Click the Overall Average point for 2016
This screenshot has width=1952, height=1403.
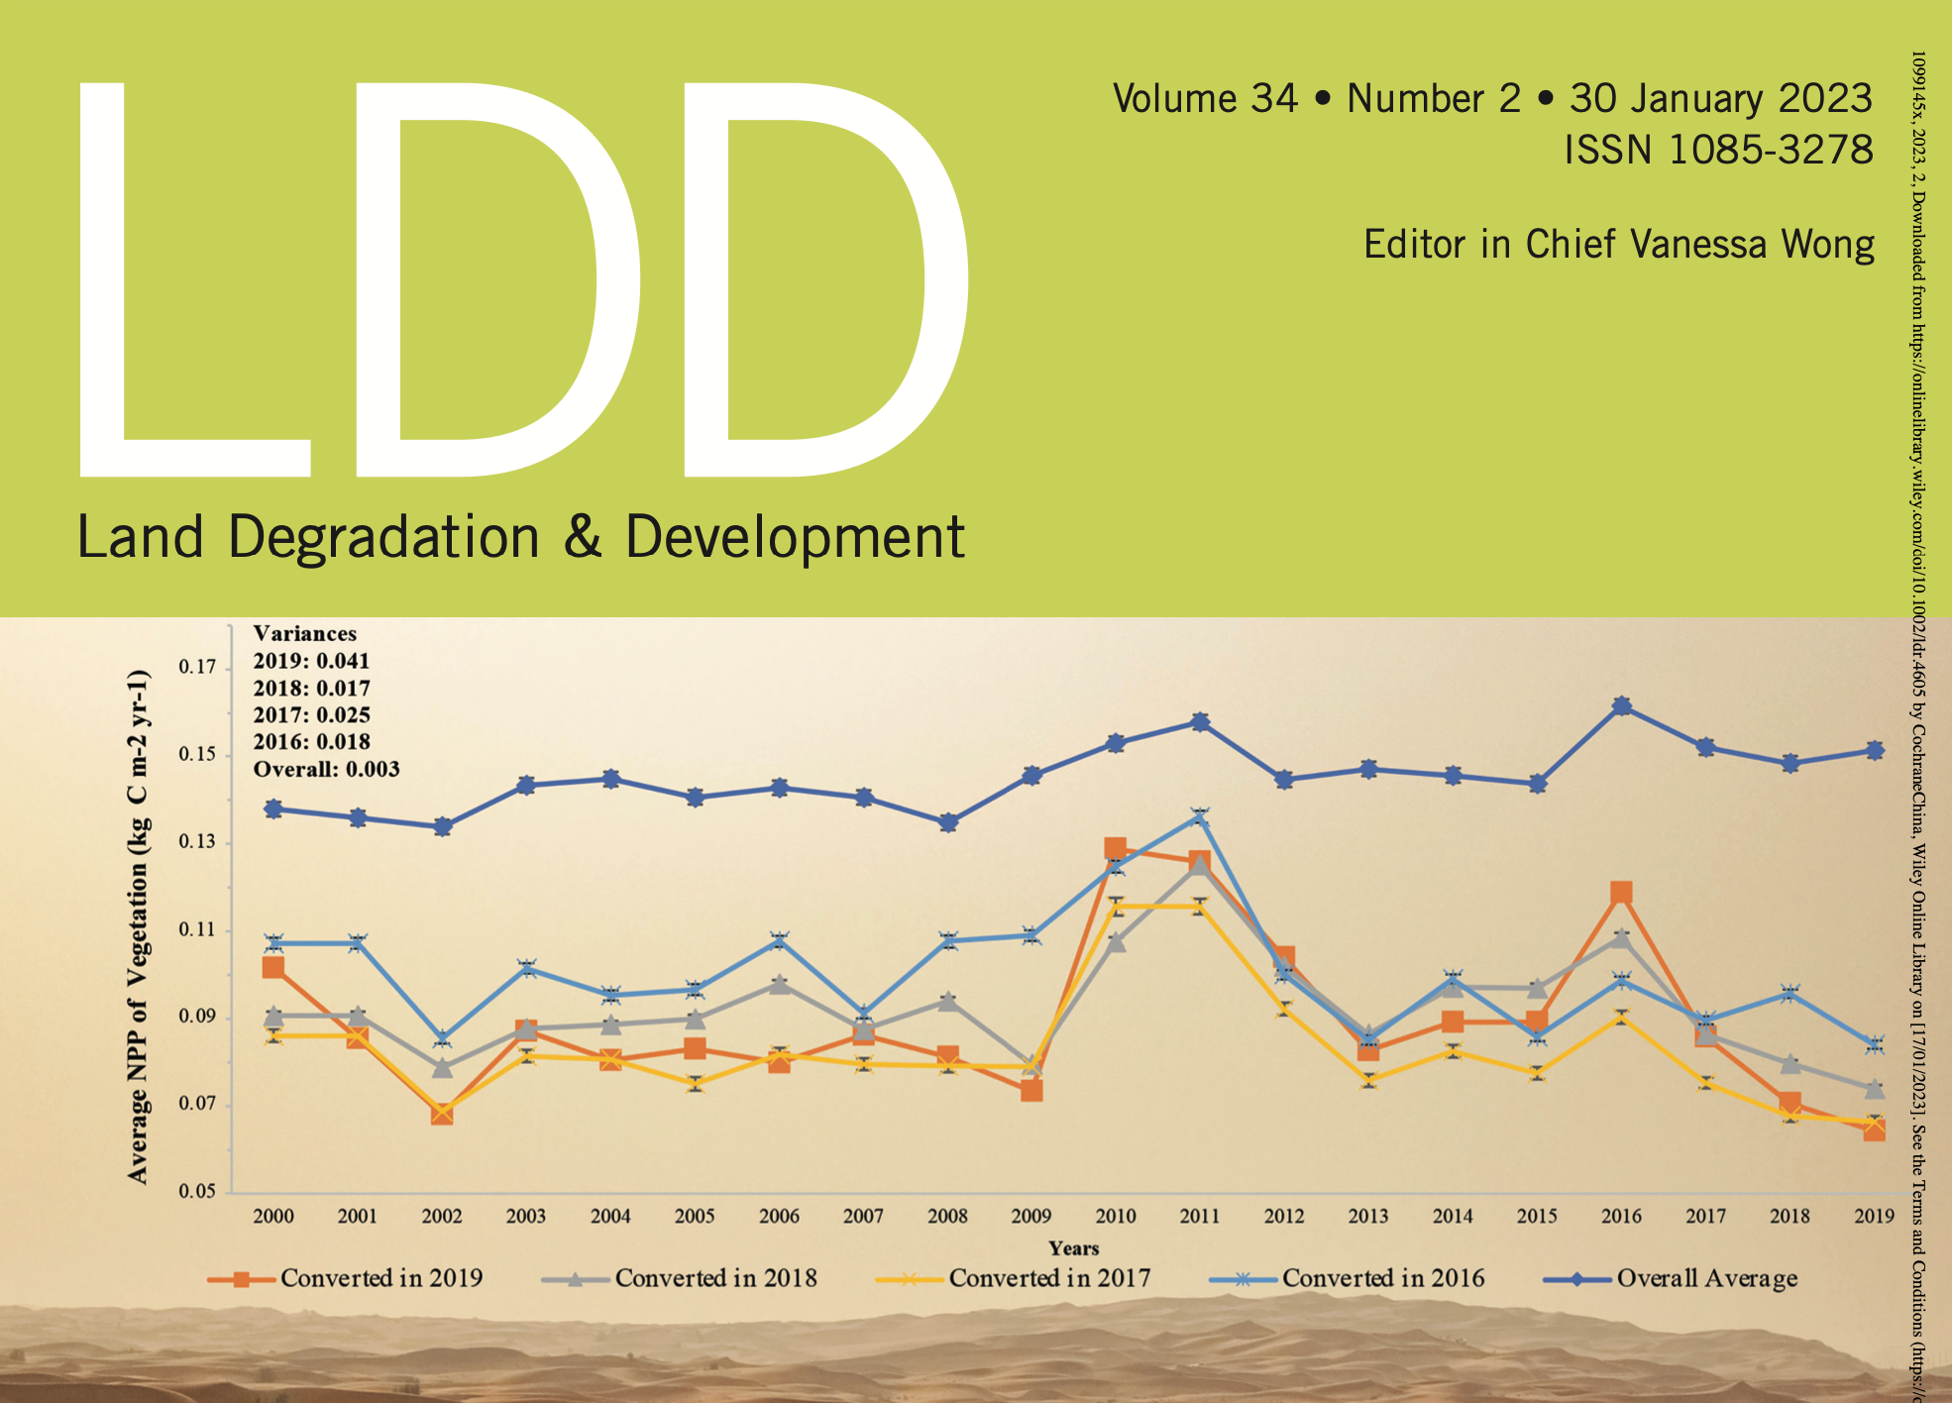pos(1621,706)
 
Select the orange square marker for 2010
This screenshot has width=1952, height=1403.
pos(1115,849)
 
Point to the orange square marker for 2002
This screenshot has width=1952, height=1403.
pos(442,1114)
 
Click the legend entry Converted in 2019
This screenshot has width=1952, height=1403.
pos(346,1278)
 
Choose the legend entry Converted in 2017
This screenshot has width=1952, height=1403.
pos(1015,1278)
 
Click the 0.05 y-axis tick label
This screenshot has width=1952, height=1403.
pos(196,1192)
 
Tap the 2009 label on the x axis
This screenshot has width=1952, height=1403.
pos(1030,1217)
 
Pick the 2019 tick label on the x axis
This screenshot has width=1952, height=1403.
pos(1874,1217)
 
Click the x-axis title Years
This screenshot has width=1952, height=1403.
pos(1074,1248)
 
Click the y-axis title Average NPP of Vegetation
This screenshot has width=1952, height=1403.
pos(139,926)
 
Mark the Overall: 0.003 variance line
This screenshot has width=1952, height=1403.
pos(326,770)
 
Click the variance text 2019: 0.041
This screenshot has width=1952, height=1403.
pos(311,661)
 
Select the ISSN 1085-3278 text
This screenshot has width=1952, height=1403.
pos(1718,151)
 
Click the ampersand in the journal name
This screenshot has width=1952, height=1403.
pos(583,537)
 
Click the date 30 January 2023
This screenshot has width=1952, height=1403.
pos(1721,98)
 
